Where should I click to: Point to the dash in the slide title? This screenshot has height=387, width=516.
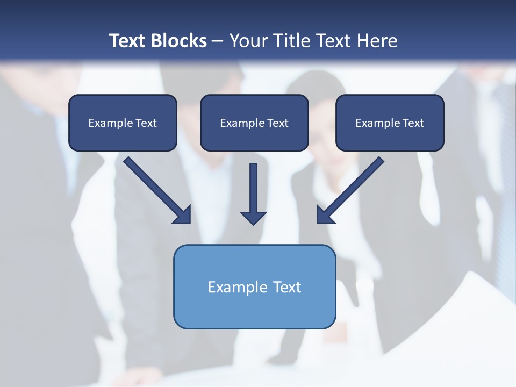click(218, 41)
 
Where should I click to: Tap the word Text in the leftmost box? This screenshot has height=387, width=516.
click(146, 123)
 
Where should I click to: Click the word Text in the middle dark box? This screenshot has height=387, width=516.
click(278, 123)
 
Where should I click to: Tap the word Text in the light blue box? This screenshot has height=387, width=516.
click(288, 287)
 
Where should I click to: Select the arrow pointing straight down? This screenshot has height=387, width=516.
click(253, 193)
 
